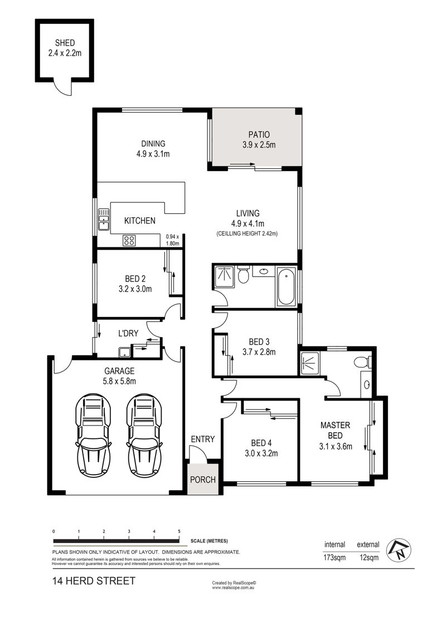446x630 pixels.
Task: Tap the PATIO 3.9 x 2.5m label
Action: coord(259,139)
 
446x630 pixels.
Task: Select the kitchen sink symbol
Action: coord(104,219)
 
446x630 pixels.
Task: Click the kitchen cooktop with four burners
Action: coord(129,241)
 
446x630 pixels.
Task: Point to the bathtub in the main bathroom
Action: coord(286,287)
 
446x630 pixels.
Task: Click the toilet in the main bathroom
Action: coord(243,275)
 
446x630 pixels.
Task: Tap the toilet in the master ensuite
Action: coord(363,362)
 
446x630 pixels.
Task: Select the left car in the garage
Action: coord(93,436)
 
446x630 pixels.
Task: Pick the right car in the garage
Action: coord(144,436)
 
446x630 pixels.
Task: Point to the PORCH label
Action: coord(203,480)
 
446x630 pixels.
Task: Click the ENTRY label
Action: coord(203,439)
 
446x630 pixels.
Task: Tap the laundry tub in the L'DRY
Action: coord(124,352)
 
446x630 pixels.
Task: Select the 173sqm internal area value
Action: coord(334,557)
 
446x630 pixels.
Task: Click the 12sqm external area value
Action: coord(368,557)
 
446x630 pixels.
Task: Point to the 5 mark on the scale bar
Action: coord(179,531)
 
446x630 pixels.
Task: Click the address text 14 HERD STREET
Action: coord(94,580)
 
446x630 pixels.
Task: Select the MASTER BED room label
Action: coord(335,430)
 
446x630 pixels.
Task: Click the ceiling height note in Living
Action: coord(248,233)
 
